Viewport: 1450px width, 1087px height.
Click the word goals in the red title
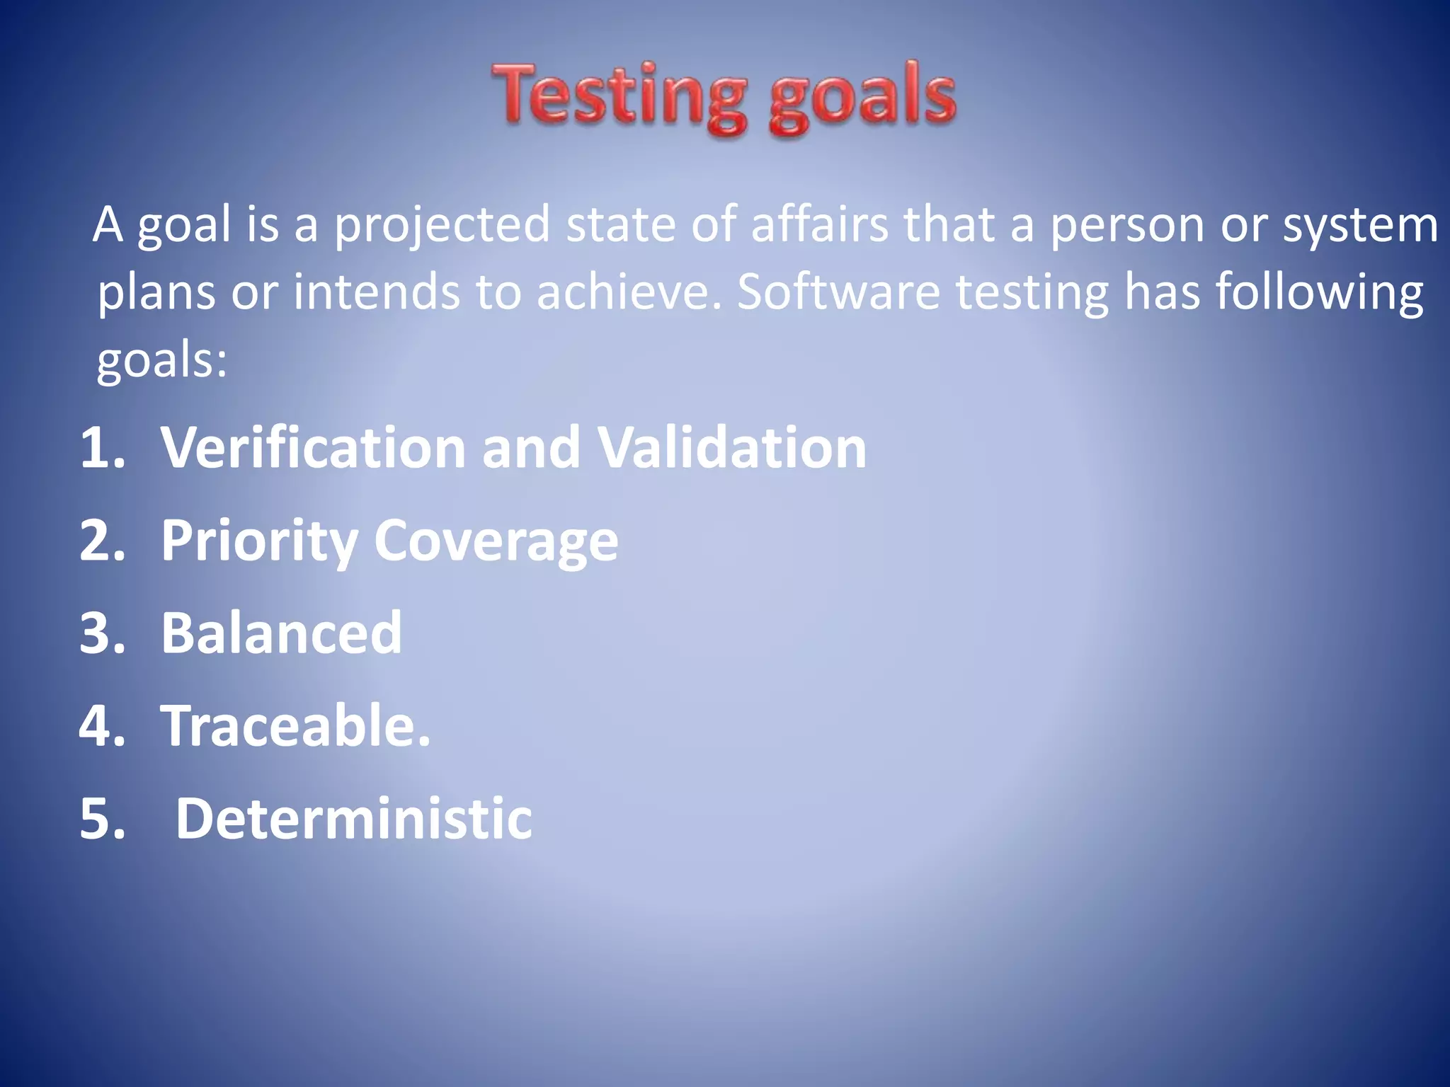click(862, 97)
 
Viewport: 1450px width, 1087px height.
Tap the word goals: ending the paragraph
click(162, 360)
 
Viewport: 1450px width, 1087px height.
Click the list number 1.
click(102, 448)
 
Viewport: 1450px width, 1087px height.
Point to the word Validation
click(732, 448)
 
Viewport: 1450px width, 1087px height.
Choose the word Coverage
click(496, 541)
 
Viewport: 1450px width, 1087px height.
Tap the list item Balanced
click(281, 633)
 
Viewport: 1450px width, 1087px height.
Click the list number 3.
click(102, 633)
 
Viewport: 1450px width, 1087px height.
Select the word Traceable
click(295, 725)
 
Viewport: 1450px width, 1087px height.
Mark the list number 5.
click(102, 819)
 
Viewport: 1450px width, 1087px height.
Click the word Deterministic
click(353, 819)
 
